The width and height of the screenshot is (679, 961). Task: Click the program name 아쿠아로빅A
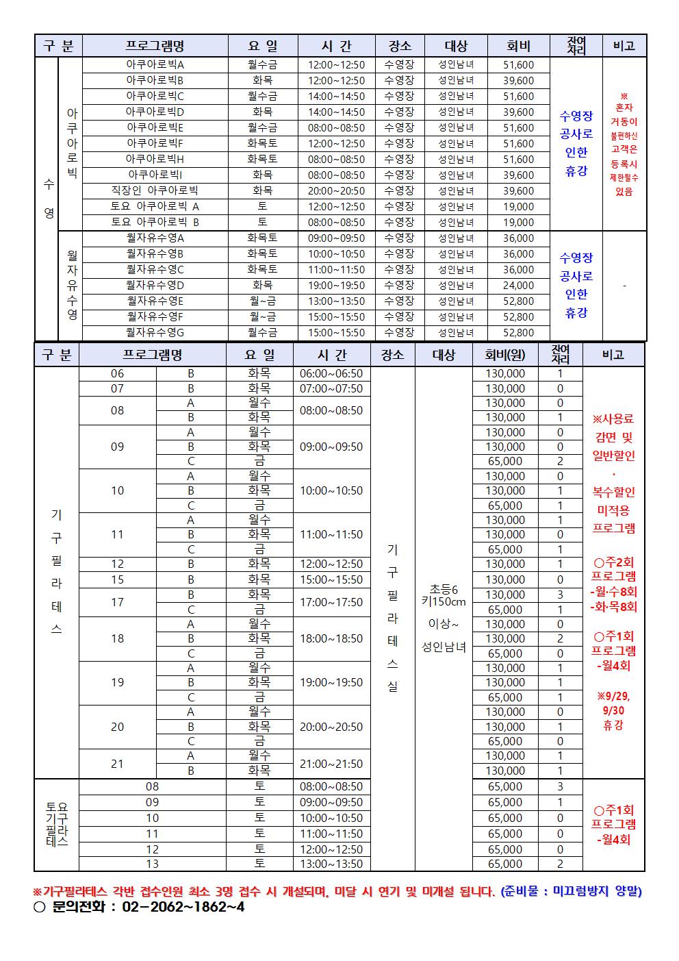(155, 65)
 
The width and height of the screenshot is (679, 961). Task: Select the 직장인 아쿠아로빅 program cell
(155, 191)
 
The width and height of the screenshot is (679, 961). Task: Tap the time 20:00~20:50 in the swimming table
(336, 191)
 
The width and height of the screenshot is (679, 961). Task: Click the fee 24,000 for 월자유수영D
(518, 286)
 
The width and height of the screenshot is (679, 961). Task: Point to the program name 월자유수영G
(155, 333)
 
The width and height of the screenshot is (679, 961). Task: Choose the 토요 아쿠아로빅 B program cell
(155, 223)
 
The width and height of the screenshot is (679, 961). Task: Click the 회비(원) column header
(504, 355)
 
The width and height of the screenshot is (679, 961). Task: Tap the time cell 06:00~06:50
(331, 374)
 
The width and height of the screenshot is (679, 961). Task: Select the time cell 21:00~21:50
(331, 764)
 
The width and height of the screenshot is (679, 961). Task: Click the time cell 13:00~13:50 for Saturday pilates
(331, 864)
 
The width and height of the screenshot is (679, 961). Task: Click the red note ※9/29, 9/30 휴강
(613, 710)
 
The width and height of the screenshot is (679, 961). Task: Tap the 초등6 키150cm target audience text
(444, 595)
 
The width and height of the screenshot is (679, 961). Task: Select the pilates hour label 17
(118, 602)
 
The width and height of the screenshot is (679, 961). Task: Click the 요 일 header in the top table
(262, 46)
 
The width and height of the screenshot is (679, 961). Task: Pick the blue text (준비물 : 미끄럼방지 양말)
(571, 891)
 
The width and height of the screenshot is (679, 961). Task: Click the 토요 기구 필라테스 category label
(57, 825)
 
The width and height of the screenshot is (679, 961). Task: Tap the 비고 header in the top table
(624, 46)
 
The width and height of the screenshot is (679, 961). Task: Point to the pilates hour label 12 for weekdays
(118, 564)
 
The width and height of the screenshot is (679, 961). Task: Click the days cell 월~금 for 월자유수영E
(262, 301)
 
